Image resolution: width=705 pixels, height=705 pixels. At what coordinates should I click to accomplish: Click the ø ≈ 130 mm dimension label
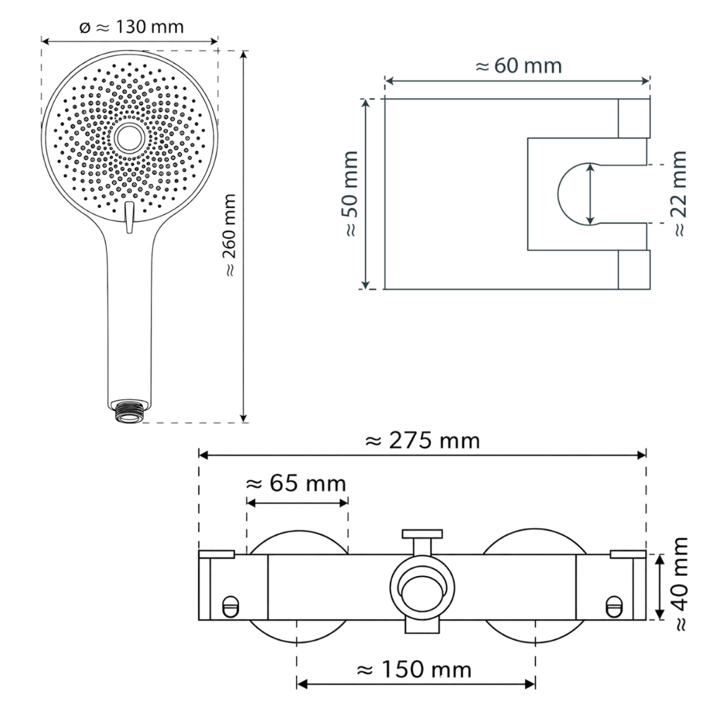pos(131,27)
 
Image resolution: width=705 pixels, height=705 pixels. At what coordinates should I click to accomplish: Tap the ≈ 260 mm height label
pos(230,235)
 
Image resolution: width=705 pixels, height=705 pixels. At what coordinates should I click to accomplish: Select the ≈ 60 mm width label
pos(518,66)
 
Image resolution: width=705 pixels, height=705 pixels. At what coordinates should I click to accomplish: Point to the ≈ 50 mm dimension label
pos(350,194)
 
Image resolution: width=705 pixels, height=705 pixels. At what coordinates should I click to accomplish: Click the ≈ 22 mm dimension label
pos(680,194)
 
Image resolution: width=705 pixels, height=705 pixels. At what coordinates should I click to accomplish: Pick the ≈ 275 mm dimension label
pos(422,441)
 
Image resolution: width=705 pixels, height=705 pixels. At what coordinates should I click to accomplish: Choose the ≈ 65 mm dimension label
pos(296,484)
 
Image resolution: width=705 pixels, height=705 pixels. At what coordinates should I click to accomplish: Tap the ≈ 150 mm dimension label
pos(414,670)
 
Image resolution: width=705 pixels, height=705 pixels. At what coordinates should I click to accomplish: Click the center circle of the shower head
pos(130,137)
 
